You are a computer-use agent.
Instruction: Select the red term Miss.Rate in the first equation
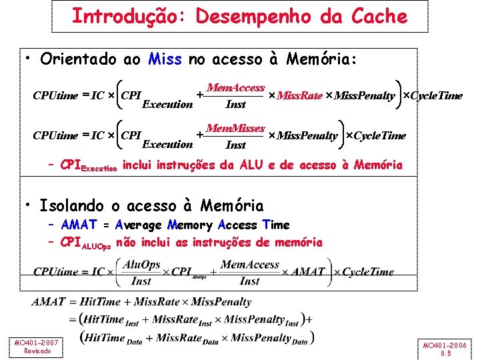click(x=299, y=96)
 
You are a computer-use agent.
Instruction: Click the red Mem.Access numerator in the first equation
click(x=236, y=88)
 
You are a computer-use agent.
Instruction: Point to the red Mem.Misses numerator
click(x=235, y=128)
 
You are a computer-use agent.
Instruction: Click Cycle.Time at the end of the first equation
click(x=436, y=96)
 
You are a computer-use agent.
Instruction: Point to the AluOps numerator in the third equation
click(x=142, y=265)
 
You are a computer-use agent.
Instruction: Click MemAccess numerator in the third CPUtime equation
click(x=249, y=265)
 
